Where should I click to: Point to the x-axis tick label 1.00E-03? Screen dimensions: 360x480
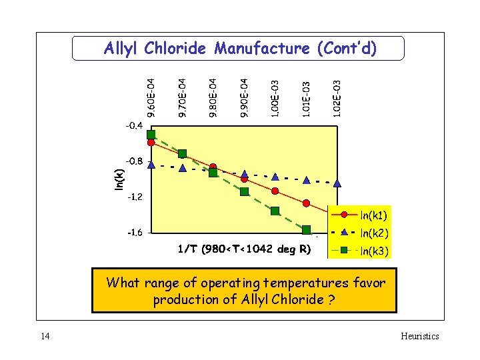[275, 98]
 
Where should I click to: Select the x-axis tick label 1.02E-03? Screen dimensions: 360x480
[337, 98]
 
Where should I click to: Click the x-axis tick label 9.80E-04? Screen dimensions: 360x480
[213, 98]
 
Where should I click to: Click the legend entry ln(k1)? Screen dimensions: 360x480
[373, 215]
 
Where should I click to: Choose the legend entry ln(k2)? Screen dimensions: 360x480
[373, 233]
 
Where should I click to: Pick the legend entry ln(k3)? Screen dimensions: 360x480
[373, 251]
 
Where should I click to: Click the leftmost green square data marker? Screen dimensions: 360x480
[151, 134]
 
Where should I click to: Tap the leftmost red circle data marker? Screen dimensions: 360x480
[151, 142]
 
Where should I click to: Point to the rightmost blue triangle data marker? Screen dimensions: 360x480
[337, 183]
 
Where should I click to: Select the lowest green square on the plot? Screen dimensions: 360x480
[307, 230]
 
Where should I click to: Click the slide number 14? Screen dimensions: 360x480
[45, 336]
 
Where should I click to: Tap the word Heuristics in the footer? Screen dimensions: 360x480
[419, 336]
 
